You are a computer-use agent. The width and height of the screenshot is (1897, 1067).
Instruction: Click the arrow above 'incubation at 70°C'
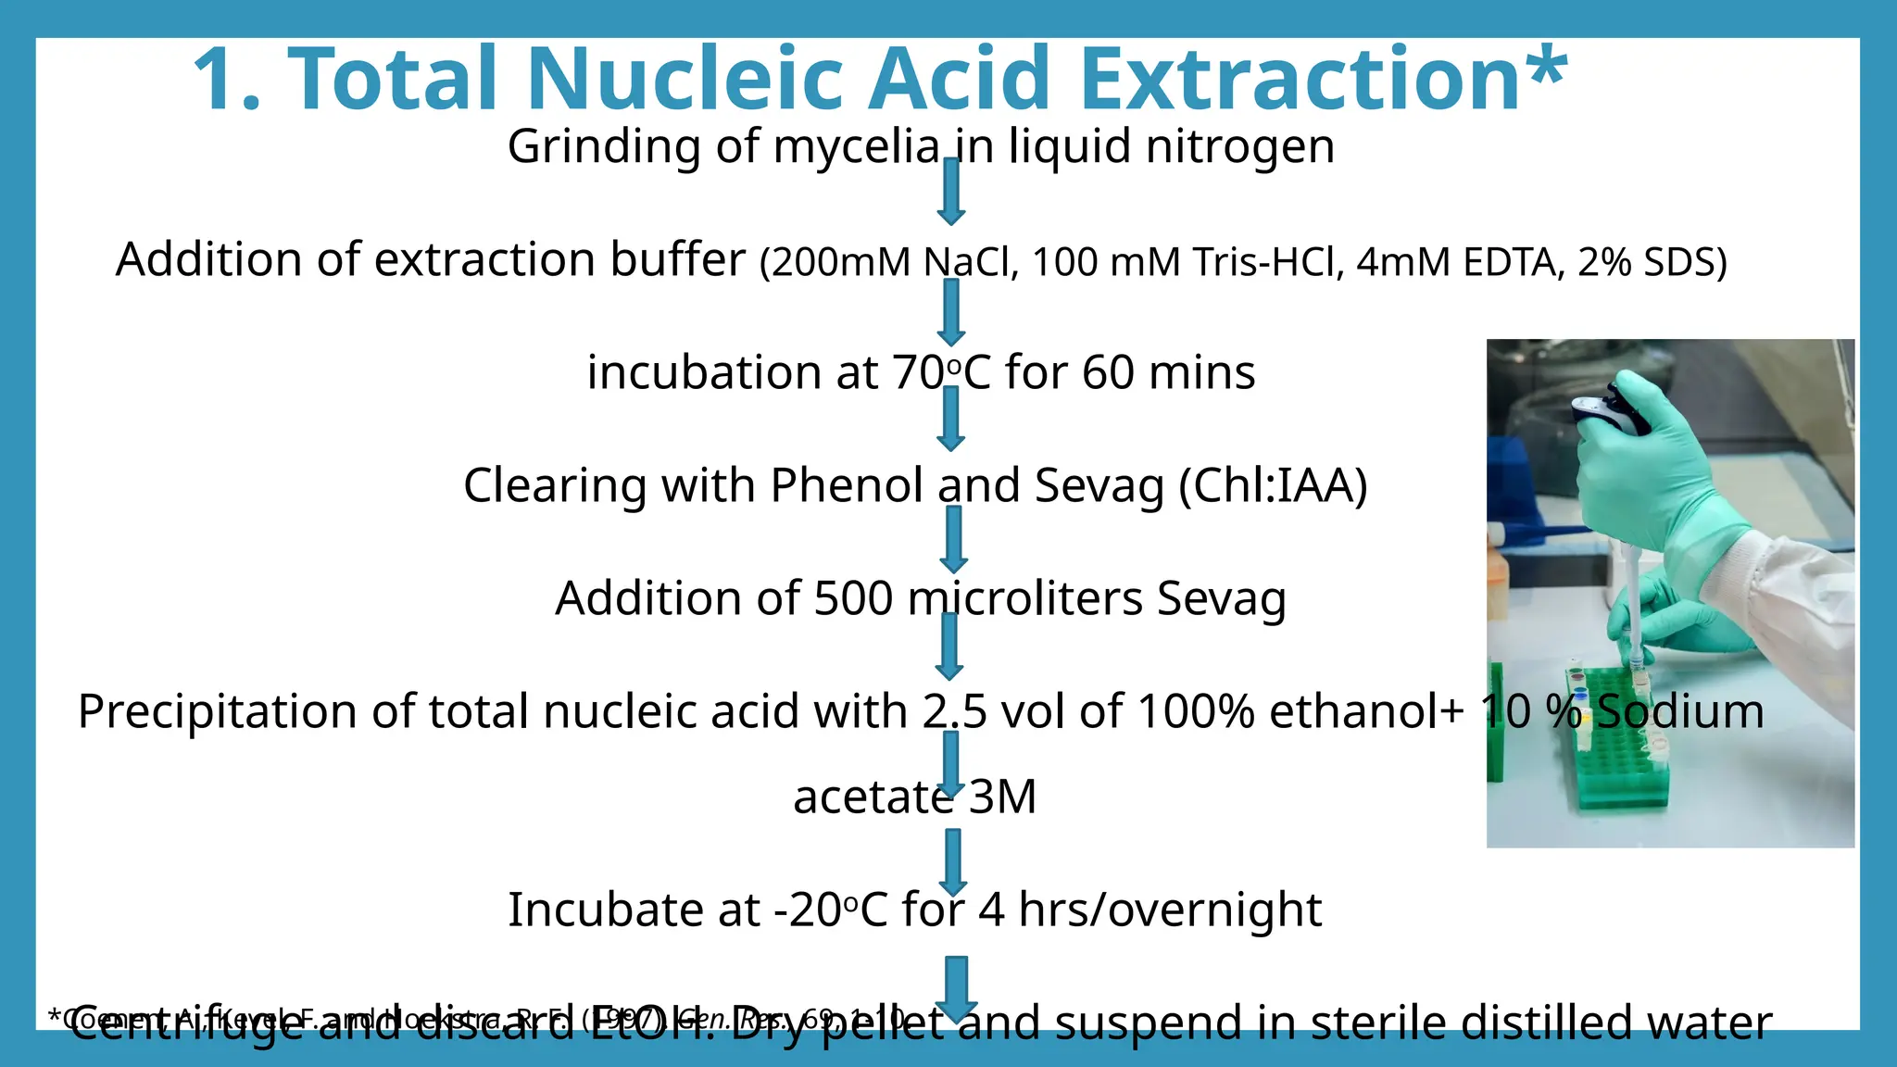[x=951, y=313]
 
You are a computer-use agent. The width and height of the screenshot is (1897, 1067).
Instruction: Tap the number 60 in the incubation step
[x=1109, y=372]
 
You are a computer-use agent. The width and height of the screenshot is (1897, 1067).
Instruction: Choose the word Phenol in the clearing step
[x=847, y=485]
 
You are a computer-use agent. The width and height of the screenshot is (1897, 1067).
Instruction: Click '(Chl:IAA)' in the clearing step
[x=1273, y=485]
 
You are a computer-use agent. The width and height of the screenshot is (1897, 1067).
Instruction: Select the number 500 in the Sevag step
[x=852, y=598]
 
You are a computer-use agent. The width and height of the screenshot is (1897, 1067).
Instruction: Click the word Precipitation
[x=217, y=711]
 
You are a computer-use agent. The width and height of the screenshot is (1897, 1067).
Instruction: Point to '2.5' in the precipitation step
[x=948, y=711]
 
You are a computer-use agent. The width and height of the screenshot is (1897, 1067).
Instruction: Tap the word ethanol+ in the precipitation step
[x=1366, y=711]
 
